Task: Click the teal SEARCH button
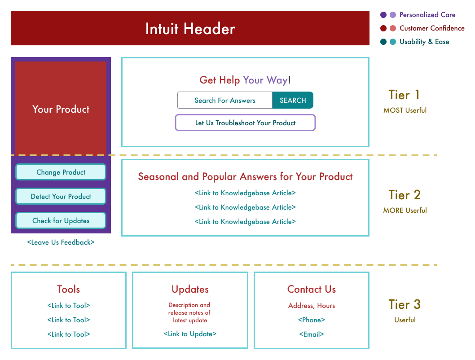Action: point(293,100)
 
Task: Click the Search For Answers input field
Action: point(225,100)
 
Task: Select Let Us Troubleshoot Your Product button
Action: point(246,123)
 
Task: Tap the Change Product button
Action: point(61,172)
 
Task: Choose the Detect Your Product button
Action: point(61,196)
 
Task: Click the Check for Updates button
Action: point(61,220)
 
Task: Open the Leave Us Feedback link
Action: point(61,242)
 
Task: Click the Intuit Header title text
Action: point(190,29)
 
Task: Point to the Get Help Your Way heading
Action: point(245,80)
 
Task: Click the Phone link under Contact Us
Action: point(312,320)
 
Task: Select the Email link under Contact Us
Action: point(312,334)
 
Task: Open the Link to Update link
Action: point(190,334)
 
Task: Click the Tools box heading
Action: point(68,289)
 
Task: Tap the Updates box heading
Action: point(190,290)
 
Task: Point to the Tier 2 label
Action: point(405,195)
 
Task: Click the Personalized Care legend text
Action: point(427,14)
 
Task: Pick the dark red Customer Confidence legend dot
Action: point(383,28)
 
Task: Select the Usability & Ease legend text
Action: point(424,42)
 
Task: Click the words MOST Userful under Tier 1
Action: point(405,110)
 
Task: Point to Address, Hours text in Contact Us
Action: point(312,306)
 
